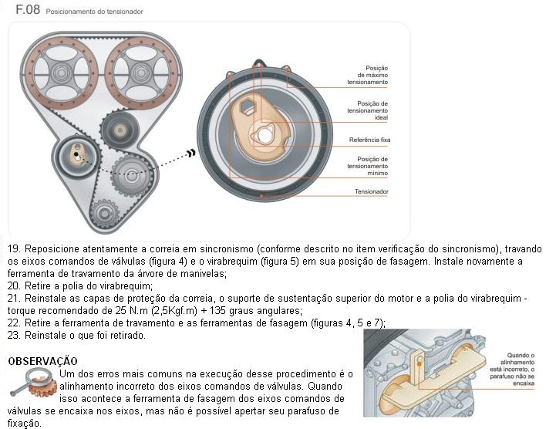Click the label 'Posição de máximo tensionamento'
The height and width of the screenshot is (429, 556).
coord(367,74)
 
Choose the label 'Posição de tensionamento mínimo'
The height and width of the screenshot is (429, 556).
coord(367,165)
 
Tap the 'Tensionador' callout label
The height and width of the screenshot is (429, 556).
coord(371,191)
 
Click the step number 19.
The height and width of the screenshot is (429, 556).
coord(13,250)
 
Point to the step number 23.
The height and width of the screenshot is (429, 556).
coord(13,335)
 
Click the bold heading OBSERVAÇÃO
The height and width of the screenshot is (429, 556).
coord(42,360)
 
